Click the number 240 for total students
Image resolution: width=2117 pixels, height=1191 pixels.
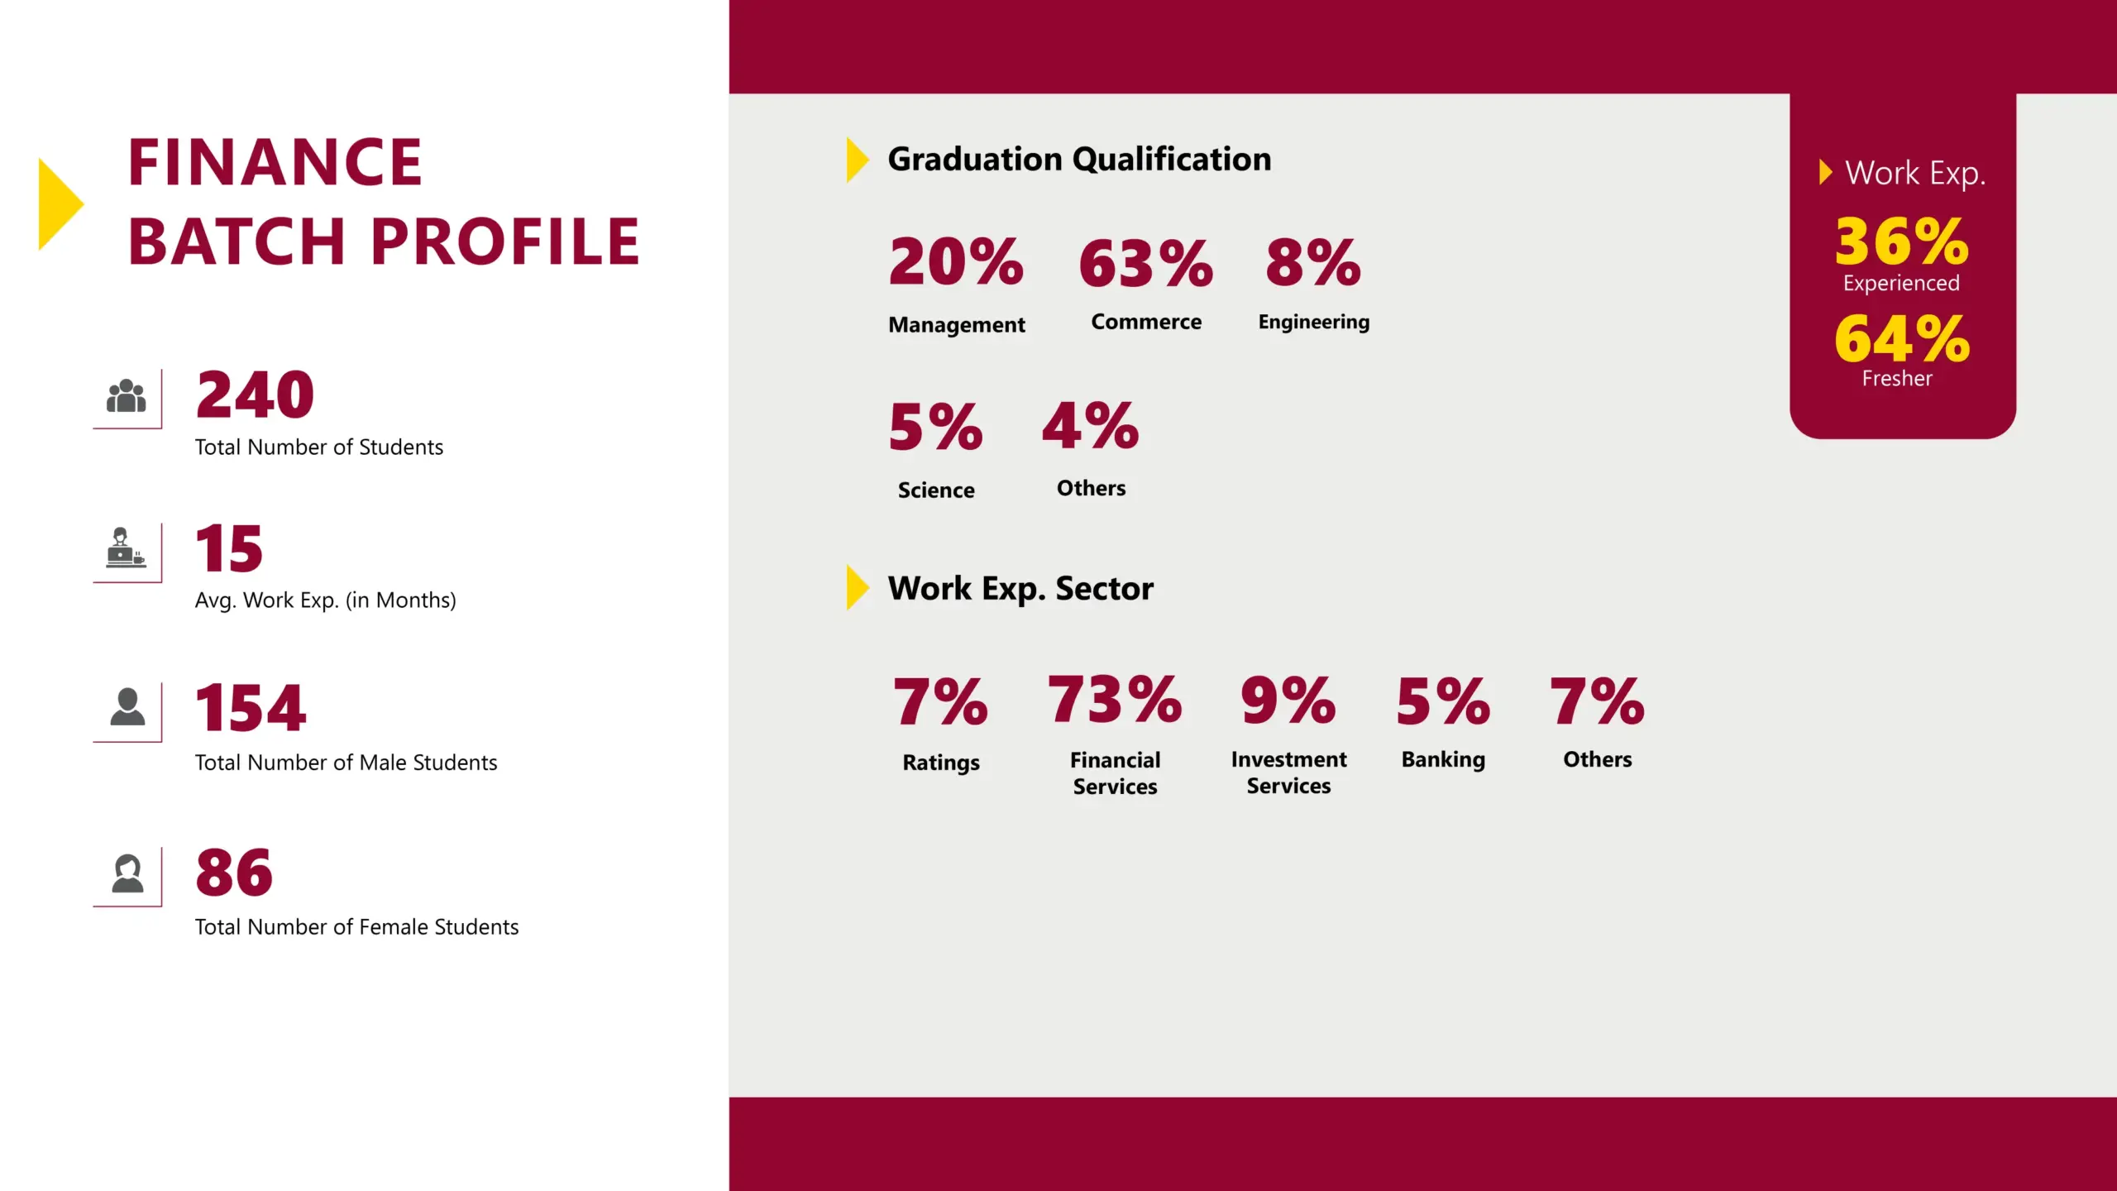click(x=255, y=395)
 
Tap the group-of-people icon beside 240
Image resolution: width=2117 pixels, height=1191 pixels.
click(x=127, y=396)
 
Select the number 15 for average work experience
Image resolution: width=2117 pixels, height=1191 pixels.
click(x=229, y=548)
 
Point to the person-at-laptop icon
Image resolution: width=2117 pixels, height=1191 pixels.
click(x=125, y=548)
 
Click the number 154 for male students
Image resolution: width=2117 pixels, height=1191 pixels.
click(x=251, y=709)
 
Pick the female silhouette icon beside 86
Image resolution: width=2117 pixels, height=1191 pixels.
click(x=127, y=873)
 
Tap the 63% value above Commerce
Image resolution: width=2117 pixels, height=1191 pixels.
click(x=1146, y=264)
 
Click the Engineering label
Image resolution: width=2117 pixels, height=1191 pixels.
click(x=1313, y=322)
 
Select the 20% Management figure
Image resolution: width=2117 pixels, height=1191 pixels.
click(x=956, y=262)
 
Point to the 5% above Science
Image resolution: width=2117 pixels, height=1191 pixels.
click(x=936, y=428)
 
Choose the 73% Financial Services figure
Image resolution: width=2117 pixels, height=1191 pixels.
click(x=1115, y=700)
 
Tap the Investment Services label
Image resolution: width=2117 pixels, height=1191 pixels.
click(x=1288, y=772)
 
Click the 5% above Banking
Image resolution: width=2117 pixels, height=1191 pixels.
click(x=1443, y=701)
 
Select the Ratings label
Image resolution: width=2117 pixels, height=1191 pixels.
click(x=941, y=763)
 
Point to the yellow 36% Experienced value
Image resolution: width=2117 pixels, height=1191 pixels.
click(x=1901, y=242)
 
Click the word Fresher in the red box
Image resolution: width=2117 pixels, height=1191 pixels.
click(x=1897, y=379)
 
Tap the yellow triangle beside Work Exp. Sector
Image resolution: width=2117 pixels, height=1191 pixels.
click(x=857, y=587)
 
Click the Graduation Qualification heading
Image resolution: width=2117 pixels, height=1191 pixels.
click(x=1079, y=159)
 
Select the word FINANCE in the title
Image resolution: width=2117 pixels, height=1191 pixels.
click(x=275, y=162)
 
